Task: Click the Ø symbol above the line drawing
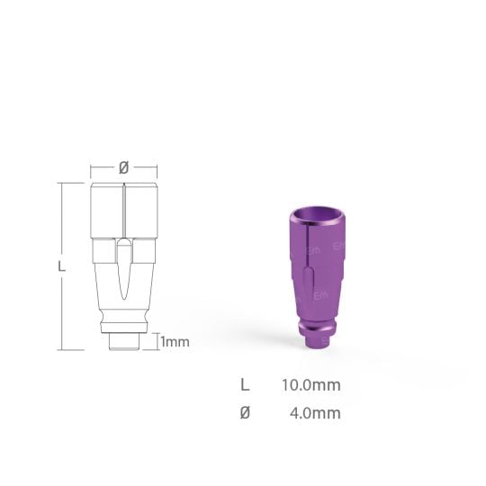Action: tap(124, 167)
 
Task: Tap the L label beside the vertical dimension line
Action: tap(60, 266)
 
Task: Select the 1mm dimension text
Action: tap(175, 342)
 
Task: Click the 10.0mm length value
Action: tap(310, 385)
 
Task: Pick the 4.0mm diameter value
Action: tap(314, 413)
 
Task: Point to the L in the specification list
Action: tap(245, 385)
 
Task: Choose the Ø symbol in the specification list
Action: tap(245, 413)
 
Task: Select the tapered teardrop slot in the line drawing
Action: tap(124, 270)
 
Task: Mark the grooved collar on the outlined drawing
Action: tap(124, 319)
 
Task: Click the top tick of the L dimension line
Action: tap(60, 184)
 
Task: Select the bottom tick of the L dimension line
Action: tap(60, 348)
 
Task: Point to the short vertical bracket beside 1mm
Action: tap(156, 341)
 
